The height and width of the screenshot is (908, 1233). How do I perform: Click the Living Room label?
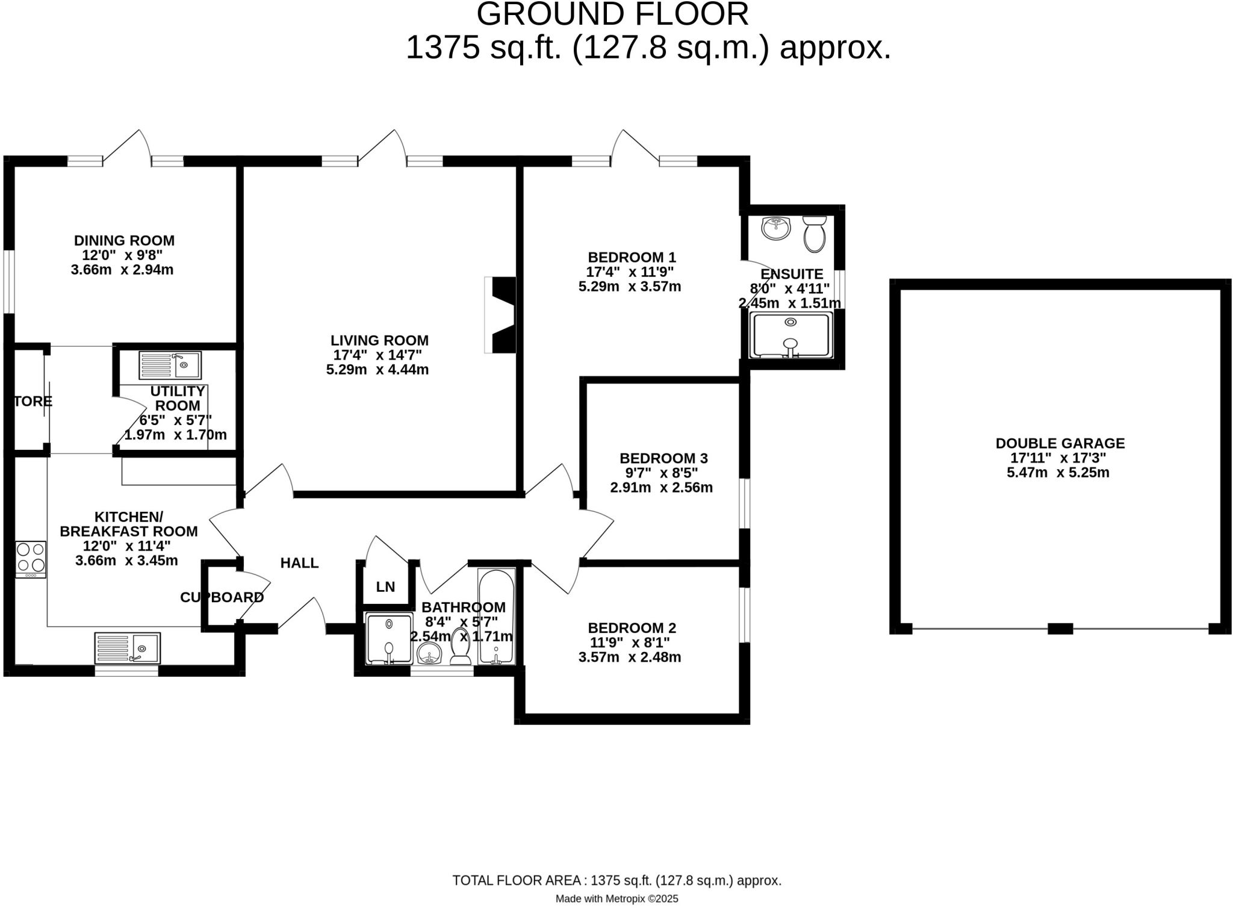[x=379, y=340]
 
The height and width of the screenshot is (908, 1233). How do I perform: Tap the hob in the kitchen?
[x=30, y=558]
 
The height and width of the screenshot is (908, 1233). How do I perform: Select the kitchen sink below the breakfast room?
[x=127, y=648]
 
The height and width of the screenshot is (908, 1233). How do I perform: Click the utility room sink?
[x=170, y=365]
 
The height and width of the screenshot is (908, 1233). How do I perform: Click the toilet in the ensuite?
[x=814, y=235]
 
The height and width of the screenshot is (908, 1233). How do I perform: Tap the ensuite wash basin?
[x=775, y=228]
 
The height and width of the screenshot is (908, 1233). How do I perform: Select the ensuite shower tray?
[x=790, y=335]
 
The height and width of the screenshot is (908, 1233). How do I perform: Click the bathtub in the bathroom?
[x=496, y=617]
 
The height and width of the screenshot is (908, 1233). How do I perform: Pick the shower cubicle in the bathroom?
[x=389, y=638]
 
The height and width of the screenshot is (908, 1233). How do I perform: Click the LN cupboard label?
[x=385, y=586]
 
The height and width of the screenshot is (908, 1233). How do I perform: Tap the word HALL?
[x=299, y=563]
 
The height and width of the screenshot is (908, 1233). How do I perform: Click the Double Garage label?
[x=1060, y=443]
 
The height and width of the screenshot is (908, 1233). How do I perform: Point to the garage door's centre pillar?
[x=1060, y=629]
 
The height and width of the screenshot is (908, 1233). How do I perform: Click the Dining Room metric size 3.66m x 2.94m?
[x=122, y=270]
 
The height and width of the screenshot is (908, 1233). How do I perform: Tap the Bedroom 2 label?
[x=632, y=627]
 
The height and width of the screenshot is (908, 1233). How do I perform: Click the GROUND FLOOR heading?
[x=612, y=14]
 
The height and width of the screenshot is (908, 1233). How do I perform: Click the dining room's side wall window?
[x=8, y=282]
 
